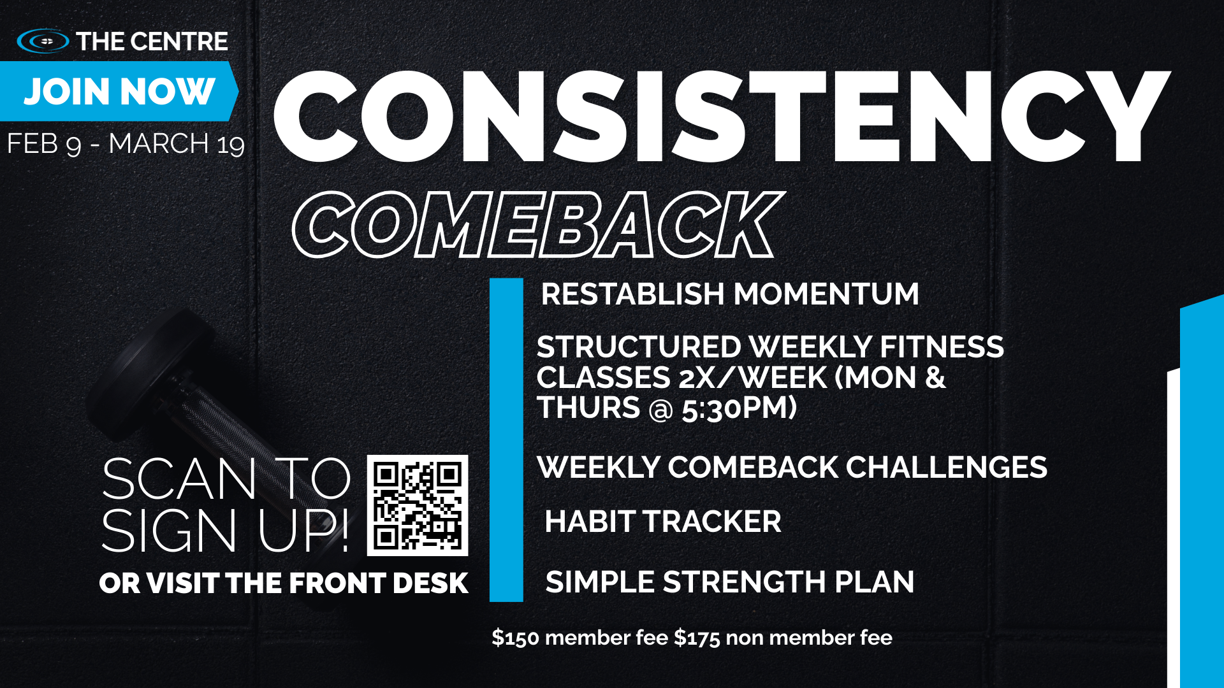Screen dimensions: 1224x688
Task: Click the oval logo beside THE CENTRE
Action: click(x=43, y=41)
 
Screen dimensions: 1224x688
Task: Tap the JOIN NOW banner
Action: click(x=119, y=91)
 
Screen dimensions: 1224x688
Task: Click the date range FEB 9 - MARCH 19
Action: click(x=126, y=144)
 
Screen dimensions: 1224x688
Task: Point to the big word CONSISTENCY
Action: click(x=722, y=117)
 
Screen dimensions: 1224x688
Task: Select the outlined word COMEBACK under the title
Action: click(x=537, y=225)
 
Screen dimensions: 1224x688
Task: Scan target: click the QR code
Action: click(x=418, y=505)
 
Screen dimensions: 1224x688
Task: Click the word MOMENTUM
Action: click(x=826, y=294)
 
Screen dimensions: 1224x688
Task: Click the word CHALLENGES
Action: click(x=947, y=468)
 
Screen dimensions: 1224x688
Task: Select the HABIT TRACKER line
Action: click(x=663, y=522)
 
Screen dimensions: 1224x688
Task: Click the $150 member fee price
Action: click(x=580, y=638)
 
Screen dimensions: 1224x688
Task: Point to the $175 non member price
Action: click(x=783, y=638)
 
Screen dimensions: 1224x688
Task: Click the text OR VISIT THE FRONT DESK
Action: click(x=284, y=584)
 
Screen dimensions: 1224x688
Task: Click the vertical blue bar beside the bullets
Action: click(x=506, y=440)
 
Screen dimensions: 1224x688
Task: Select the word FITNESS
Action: click(x=942, y=347)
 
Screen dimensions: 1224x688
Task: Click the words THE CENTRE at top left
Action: click(x=152, y=41)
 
